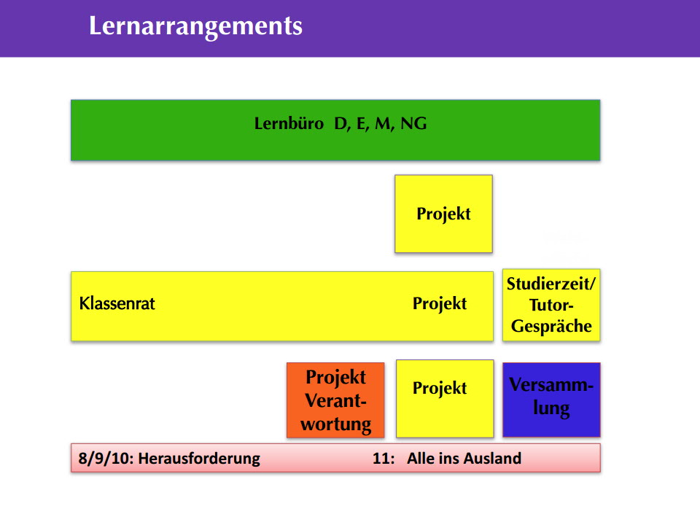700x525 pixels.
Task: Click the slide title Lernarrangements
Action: tap(195, 26)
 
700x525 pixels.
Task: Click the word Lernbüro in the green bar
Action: tap(289, 124)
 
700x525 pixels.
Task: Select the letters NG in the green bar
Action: tap(413, 124)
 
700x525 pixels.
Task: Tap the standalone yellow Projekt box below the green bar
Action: tap(444, 214)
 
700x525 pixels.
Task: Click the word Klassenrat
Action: tap(117, 303)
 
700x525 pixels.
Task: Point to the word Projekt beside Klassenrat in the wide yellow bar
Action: tap(439, 303)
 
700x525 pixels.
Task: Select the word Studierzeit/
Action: tap(551, 284)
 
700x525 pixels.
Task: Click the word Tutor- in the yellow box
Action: tap(551, 306)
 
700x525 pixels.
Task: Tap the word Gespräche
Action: tap(551, 327)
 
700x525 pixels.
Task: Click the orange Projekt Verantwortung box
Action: tap(335, 400)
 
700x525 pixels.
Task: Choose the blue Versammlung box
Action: tap(551, 400)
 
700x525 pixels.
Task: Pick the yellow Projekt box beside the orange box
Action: tap(445, 399)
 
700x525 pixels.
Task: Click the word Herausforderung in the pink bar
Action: tap(199, 459)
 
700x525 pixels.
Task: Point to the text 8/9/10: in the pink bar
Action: tap(106, 459)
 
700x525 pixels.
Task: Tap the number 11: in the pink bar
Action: tap(384, 459)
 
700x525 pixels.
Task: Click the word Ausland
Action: tap(495, 459)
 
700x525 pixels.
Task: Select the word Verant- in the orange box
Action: tap(335, 401)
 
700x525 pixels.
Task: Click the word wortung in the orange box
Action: tap(335, 424)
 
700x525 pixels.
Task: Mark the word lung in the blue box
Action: tap(551, 408)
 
